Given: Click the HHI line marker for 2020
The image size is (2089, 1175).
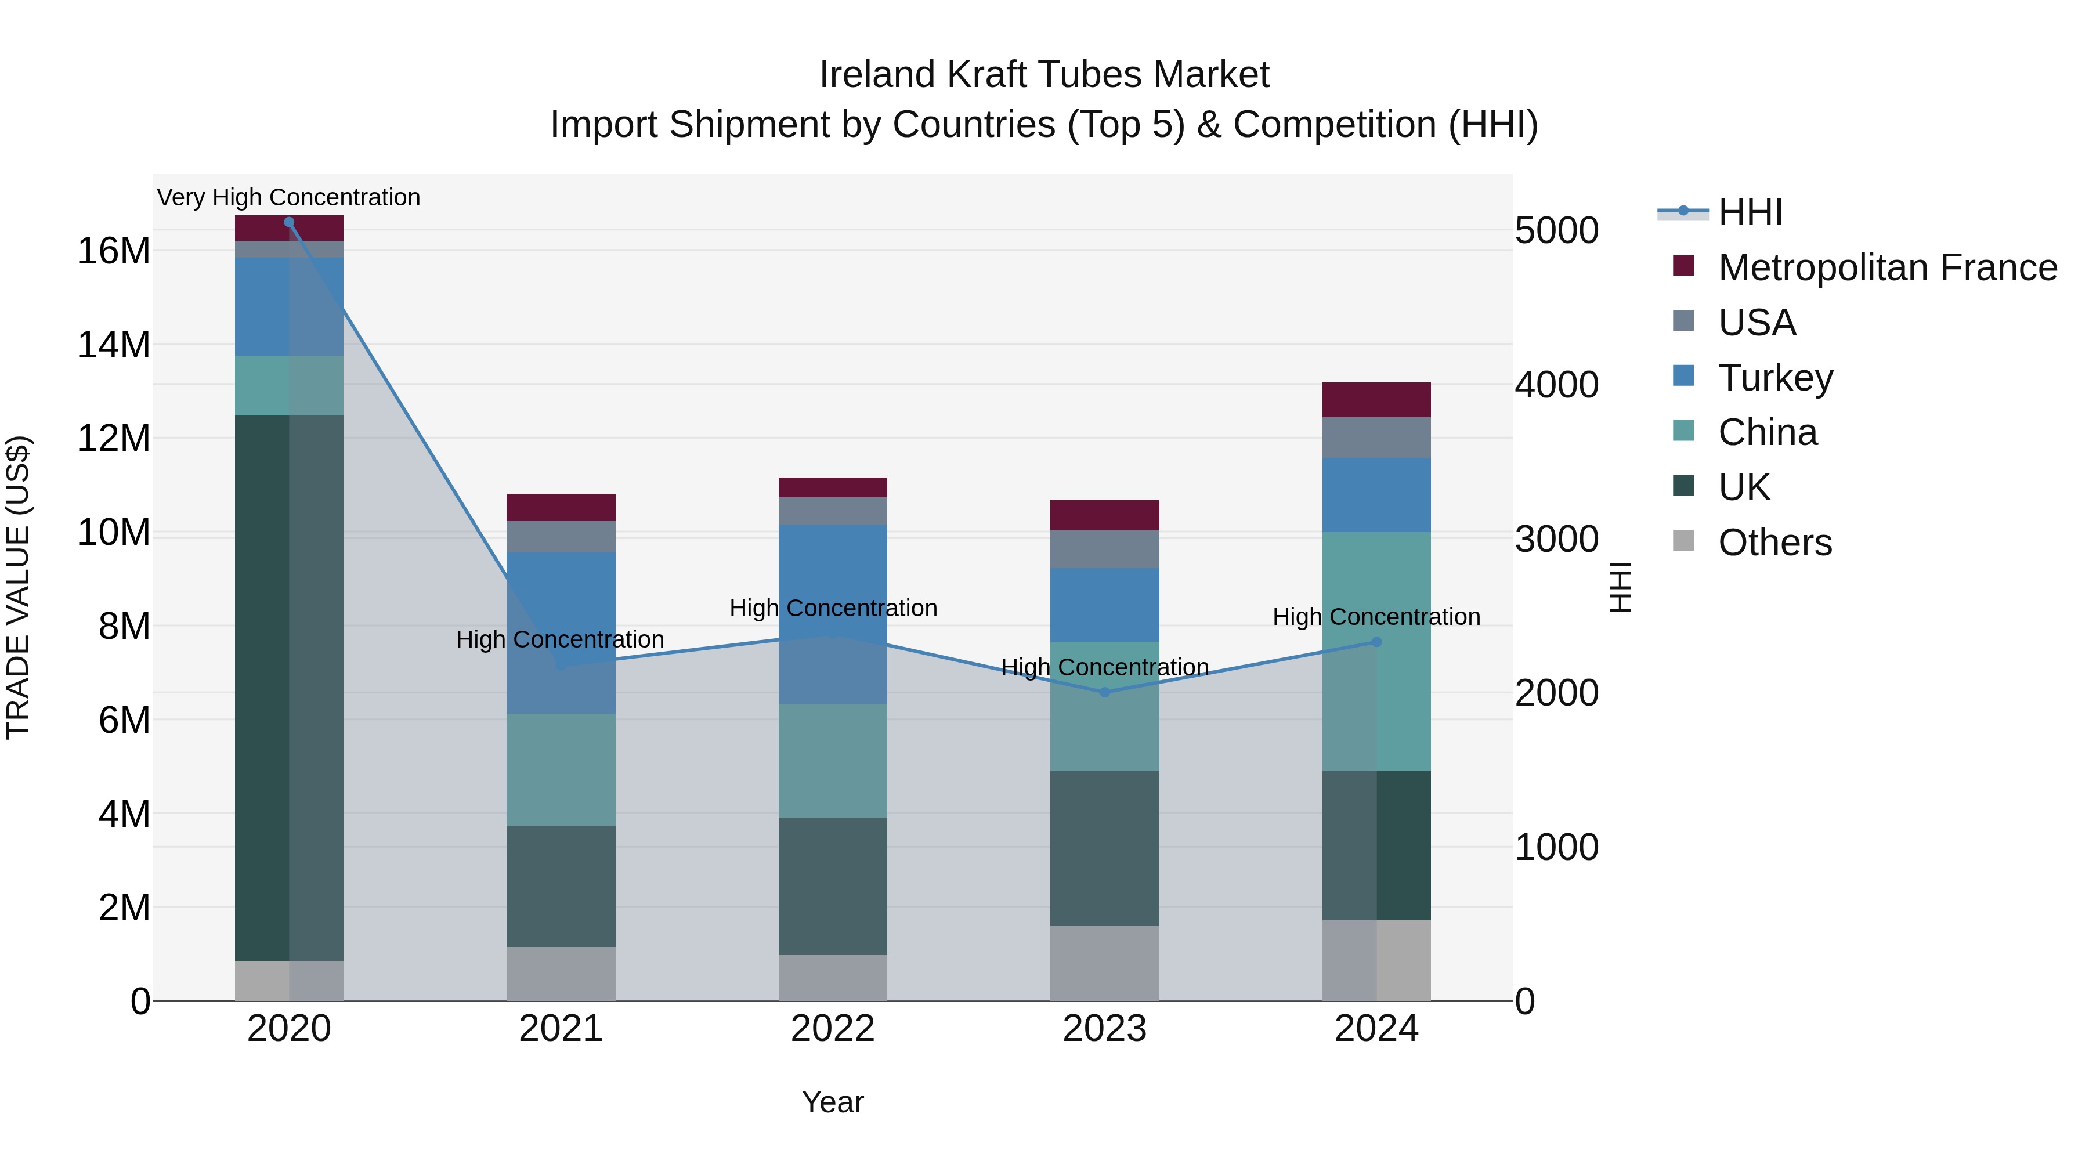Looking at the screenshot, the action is [x=289, y=222].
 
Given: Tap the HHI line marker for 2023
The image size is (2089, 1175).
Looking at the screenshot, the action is [x=1104, y=692].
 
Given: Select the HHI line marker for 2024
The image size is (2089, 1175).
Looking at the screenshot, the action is [x=1376, y=642].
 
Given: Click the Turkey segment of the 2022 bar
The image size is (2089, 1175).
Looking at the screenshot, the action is [x=833, y=614].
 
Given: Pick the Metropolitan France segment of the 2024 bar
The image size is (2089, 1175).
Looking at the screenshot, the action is [x=1376, y=400].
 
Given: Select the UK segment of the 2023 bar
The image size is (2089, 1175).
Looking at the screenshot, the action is [x=1104, y=848].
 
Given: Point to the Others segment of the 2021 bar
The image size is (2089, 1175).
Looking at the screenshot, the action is [x=561, y=973].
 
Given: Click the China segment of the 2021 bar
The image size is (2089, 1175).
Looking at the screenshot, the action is [x=561, y=769].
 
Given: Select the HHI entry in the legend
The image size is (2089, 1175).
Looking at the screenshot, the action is [x=1750, y=212].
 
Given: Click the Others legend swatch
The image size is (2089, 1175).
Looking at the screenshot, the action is [x=1683, y=541].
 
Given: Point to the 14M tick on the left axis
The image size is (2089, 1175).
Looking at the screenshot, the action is [x=114, y=345].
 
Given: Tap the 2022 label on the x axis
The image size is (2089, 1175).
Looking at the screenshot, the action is [x=833, y=1029].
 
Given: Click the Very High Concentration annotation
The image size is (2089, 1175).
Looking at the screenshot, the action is [x=289, y=197].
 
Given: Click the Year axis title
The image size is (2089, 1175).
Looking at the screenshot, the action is [x=833, y=1102].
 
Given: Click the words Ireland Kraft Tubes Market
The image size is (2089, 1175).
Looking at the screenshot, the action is [x=1044, y=75].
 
